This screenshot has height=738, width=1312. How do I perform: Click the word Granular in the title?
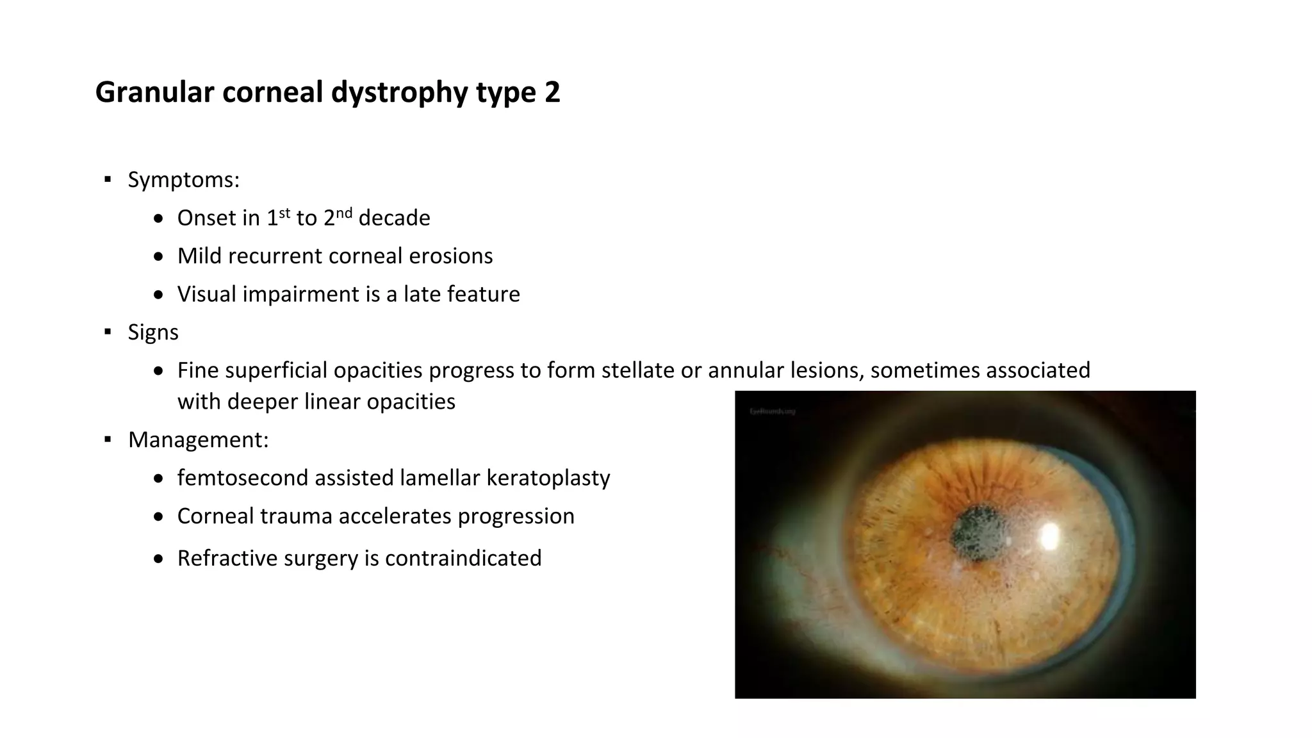point(154,92)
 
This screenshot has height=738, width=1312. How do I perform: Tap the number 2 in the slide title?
point(552,92)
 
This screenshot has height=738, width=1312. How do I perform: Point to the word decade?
point(394,218)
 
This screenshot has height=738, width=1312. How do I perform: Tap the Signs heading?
point(153,332)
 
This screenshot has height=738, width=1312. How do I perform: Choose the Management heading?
point(198,440)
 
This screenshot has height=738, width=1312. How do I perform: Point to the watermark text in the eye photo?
point(772,411)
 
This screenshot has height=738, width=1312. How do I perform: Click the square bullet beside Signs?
point(108,332)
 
